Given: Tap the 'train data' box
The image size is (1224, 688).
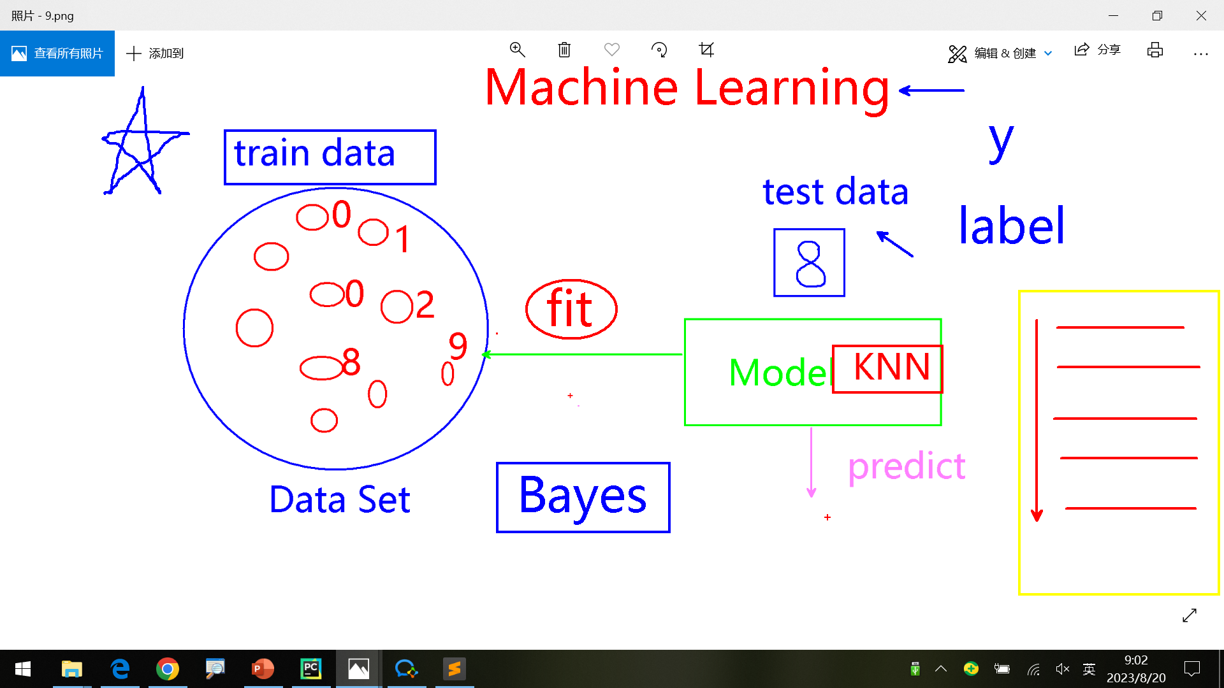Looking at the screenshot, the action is tap(330, 157).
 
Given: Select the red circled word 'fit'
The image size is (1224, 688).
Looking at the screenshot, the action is tap(571, 309).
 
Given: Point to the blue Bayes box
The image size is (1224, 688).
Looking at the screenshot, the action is tap(583, 497).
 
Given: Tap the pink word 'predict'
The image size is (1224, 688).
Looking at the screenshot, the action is tap(906, 466).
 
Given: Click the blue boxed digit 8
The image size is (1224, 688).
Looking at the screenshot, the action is tap(809, 262).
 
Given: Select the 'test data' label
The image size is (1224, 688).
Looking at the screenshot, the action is tap(835, 192).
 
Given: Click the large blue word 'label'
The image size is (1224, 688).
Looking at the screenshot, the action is tap(1011, 226).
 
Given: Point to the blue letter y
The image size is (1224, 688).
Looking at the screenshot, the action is tap(1001, 141).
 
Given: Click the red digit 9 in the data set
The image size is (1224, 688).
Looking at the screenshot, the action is tap(458, 346).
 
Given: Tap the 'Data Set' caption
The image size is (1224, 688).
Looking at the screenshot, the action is tap(339, 499).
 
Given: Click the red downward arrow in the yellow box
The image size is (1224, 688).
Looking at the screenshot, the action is tap(1037, 420).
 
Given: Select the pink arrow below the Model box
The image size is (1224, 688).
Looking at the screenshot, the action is tap(811, 462).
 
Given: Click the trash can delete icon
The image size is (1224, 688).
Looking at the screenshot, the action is tap(564, 50).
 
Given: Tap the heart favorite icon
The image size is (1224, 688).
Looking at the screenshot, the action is tap(612, 50).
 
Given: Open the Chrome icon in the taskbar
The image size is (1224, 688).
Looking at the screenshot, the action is tap(168, 669).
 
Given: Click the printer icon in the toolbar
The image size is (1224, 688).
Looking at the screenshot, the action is tap(1155, 50).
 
